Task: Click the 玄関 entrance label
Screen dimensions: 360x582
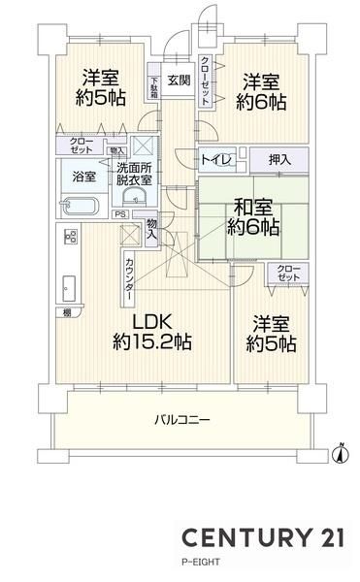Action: (179, 81)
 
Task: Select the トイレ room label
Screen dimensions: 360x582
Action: (215, 160)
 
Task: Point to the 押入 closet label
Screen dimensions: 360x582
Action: (279, 160)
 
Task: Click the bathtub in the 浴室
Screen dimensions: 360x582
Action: (81, 207)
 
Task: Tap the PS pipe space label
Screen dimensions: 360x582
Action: (120, 214)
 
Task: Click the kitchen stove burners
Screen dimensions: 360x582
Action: (71, 236)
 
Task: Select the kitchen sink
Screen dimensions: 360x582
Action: (69, 289)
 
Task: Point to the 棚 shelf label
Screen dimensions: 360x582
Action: (67, 313)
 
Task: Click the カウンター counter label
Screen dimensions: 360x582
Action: (129, 279)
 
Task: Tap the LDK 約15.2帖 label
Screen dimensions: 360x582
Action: (152, 332)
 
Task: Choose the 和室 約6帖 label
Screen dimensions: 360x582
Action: (252, 217)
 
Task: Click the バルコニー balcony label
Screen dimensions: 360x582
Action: (181, 420)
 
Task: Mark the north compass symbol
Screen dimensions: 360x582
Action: (341, 453)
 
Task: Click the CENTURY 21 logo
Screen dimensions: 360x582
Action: (263, 537)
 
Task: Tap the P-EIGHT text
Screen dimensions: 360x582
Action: (201, 562)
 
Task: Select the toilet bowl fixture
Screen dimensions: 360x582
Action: (224, 160)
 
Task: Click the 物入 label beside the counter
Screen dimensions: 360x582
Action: (151, 229)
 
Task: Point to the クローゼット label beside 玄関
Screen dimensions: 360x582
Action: (205, 81)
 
